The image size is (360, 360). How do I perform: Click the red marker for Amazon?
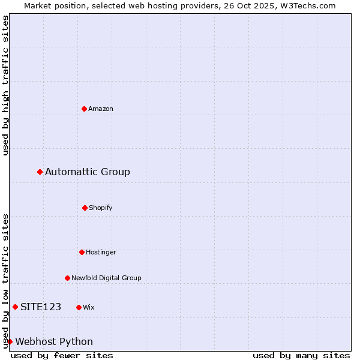tap(85, 109)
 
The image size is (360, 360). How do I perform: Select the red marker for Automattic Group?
tap(40, 172)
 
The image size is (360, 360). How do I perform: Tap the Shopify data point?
tap(85, 208)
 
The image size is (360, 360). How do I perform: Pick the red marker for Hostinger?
tap(82, 252)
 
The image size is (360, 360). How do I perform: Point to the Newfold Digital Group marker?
tap(67, 278)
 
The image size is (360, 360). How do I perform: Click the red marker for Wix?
tap(79, 307)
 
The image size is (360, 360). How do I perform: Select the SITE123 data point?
tap(15, 307)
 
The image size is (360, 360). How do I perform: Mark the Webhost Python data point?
tap(10, 341)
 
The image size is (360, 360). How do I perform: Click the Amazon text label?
tap(101, 109)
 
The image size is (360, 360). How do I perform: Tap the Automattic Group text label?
tap(88, 172)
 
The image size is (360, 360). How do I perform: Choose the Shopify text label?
tap(101, 208)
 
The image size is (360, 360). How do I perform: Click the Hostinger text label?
tap(101, 252)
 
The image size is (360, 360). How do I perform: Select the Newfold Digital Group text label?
tap(106, 278)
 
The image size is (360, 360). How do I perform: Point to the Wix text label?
tap(89, 307)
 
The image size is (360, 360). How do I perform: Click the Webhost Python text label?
tap(54, 341)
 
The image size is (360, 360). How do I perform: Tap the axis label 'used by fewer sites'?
tap(62, 355)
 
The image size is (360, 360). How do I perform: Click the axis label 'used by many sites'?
tap(301, 355)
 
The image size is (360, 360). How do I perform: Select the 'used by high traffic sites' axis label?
tap(5, 85)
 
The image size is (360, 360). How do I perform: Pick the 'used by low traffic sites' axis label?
tap(5, 280)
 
